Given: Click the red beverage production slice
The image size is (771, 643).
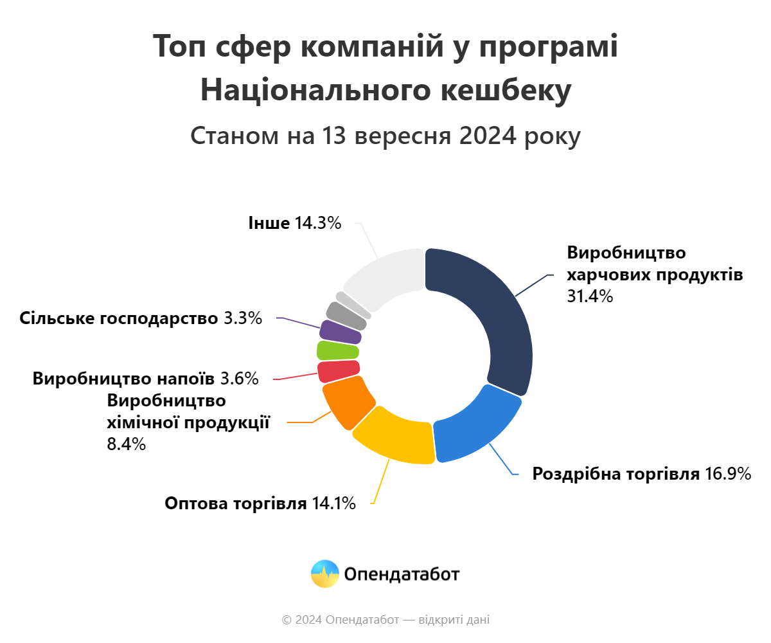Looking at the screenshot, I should [338, 371].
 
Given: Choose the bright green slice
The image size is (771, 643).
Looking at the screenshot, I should [338, 350].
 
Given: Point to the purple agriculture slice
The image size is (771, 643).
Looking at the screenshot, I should [341, 331].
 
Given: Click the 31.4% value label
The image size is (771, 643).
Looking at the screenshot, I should [590, 296].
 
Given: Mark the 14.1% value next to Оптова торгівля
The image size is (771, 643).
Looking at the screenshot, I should [334, 503].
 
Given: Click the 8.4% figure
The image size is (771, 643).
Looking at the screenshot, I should [127, 444].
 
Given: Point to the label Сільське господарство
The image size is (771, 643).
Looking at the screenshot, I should [119, 318].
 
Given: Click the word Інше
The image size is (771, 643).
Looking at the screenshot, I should [269, 223].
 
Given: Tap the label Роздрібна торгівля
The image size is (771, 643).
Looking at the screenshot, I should [616, 475].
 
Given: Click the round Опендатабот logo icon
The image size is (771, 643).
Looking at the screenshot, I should [325, 574].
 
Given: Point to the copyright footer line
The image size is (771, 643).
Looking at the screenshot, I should [385, 620].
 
